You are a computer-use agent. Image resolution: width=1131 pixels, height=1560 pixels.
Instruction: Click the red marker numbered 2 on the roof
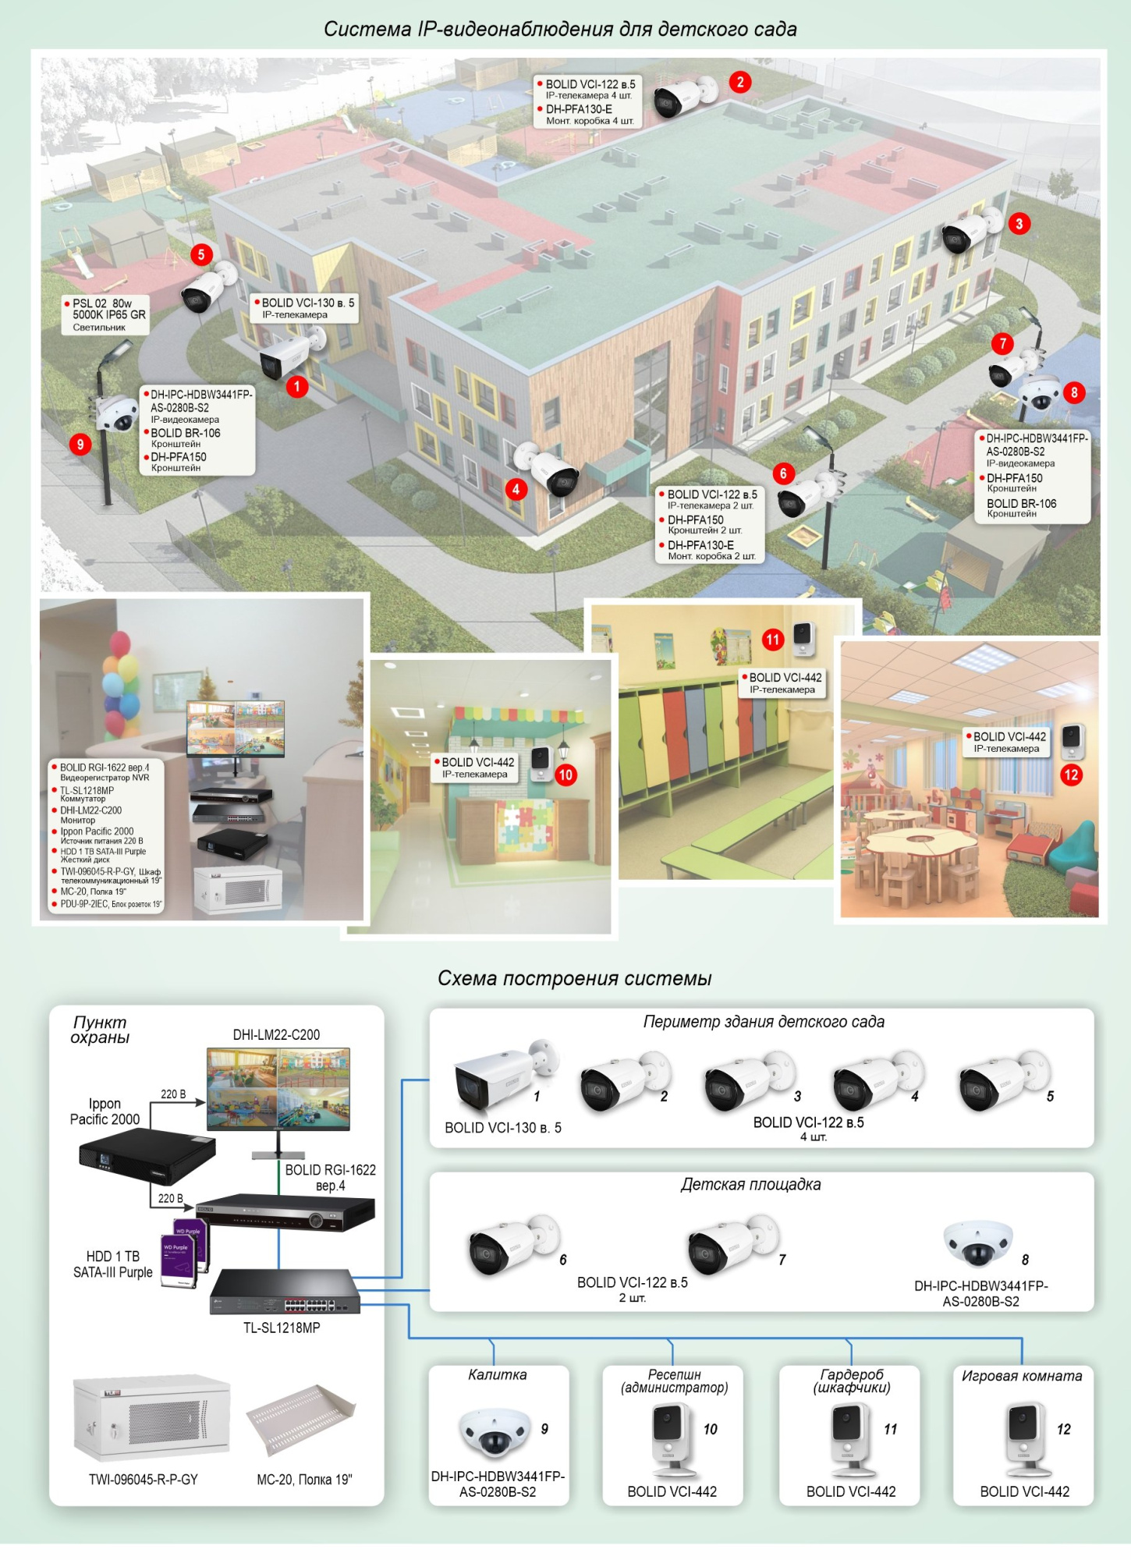[740, 82]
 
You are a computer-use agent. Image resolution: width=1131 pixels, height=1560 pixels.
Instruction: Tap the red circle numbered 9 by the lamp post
[80, 445]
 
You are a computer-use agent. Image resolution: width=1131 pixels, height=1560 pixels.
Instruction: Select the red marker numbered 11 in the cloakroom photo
[772, 640]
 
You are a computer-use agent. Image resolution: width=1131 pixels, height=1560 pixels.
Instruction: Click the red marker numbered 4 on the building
[516, 490]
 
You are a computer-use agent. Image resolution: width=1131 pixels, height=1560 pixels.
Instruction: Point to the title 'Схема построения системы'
[574, 978]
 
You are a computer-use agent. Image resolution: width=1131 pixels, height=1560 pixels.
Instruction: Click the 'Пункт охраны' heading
[100, 1030]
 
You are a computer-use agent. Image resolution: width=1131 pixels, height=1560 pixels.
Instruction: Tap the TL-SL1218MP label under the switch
[282, 1328]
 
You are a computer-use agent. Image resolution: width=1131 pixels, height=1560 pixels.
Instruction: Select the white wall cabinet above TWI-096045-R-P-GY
[151, 1419]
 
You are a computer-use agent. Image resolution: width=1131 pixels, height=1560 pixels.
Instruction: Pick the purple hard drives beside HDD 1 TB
[184, 1252]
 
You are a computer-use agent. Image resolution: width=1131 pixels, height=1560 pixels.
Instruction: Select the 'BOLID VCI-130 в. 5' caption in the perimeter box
[503, 1128]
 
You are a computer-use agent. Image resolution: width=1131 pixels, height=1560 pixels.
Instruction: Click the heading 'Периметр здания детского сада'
[764, 1022]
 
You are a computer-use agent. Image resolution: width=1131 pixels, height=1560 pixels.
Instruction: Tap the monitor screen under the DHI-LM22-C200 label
[278, 1088]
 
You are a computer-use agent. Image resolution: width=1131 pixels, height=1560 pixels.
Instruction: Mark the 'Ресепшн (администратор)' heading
[675, 1381]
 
